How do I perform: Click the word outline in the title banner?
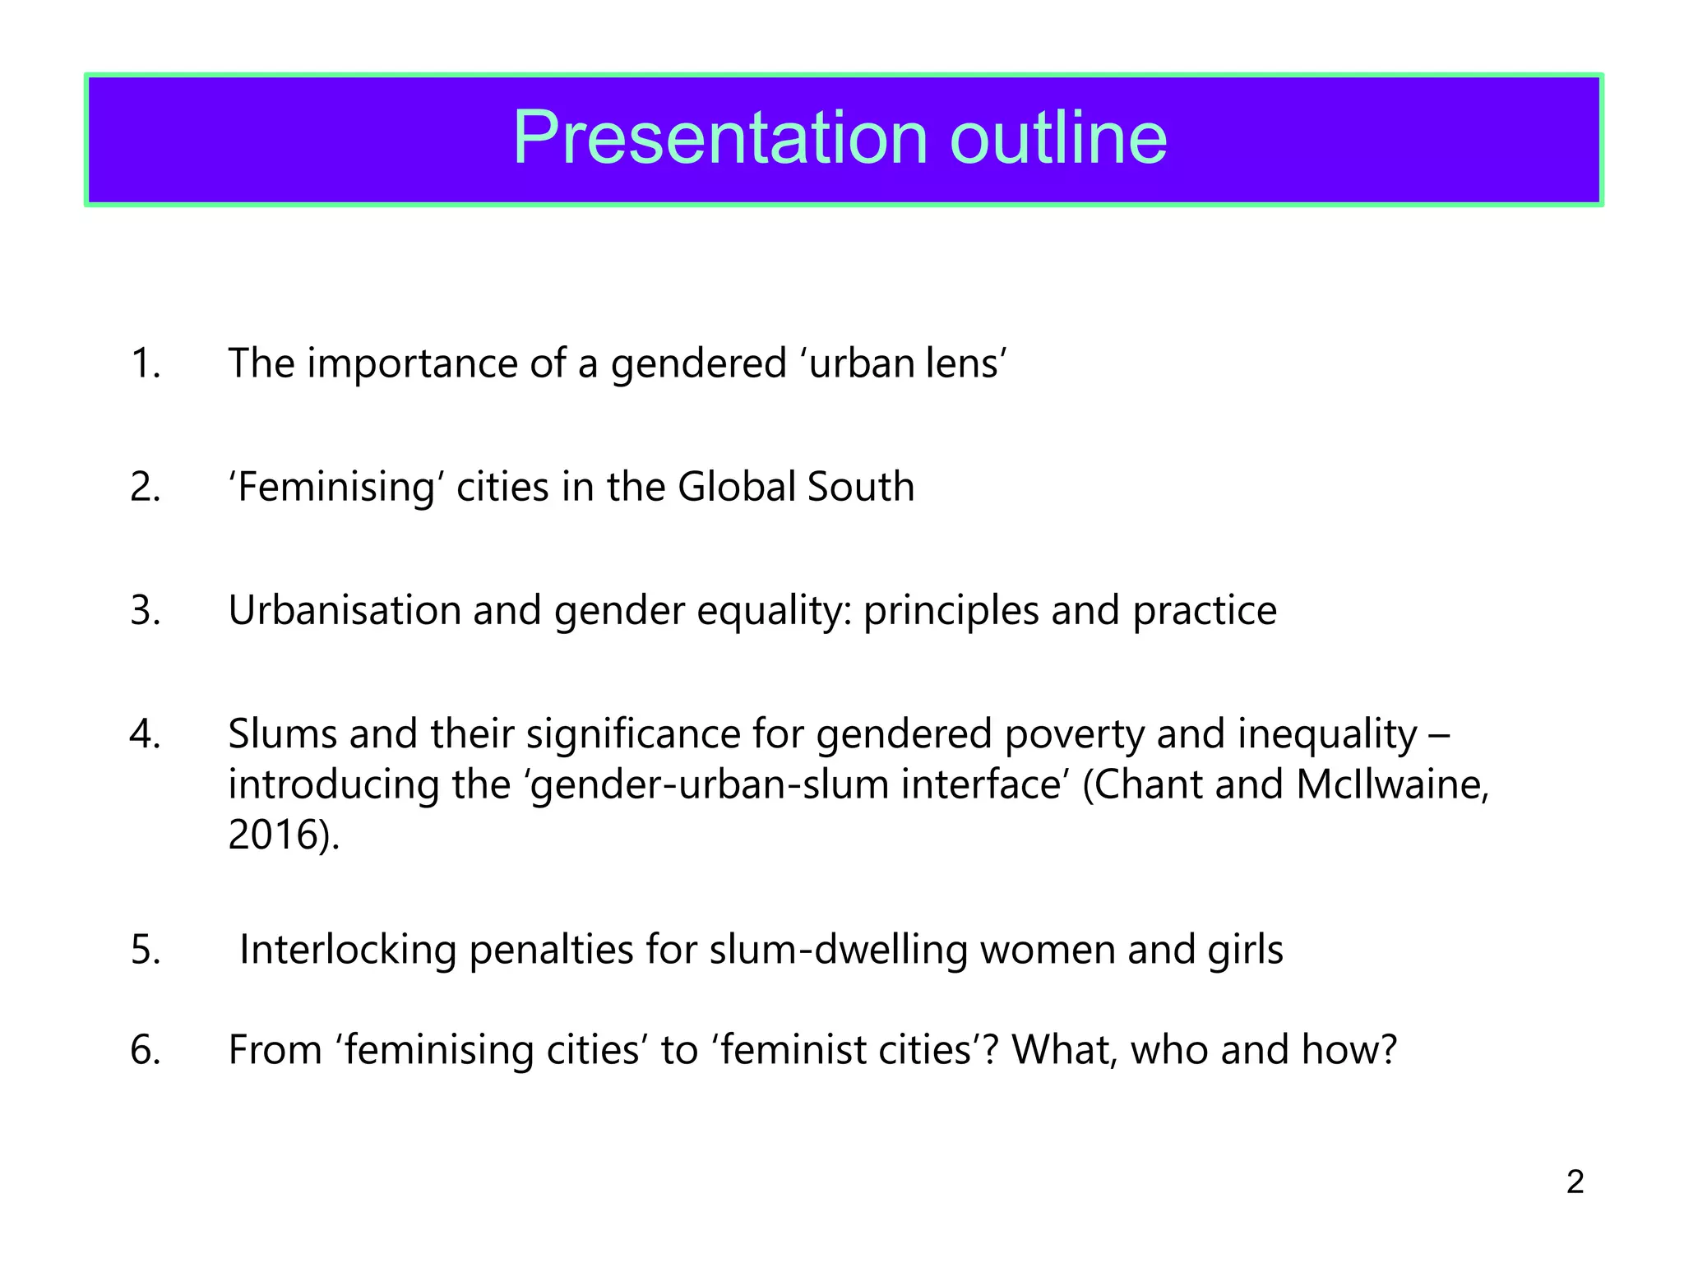tap(1058, 137)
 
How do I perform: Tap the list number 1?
tap(145, 363)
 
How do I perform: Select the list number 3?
tap(145, 611)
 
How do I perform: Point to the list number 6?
tap(145, 1050)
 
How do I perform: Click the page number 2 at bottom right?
tap(1575, 1182)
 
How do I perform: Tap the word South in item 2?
tap(861, 487)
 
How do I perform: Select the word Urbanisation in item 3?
tap(344, 611)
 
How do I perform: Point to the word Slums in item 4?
tap(282, 733)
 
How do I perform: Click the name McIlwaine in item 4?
tap(1392, 784)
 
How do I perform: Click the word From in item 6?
tap(275, 1050)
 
